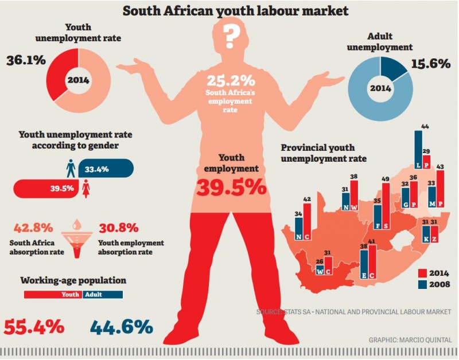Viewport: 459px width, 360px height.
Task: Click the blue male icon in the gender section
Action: click(x=71, y=168)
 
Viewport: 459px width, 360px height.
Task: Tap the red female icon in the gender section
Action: click(x=86, y=189)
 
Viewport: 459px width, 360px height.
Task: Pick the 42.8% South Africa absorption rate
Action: click(x=38, y=227)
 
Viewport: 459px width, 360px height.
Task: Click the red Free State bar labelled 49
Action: click(x=386, y=206)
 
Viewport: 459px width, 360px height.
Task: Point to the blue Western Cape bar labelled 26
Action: click(x=320, y=267)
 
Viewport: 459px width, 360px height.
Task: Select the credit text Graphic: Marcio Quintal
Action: click(x=410, y=339)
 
